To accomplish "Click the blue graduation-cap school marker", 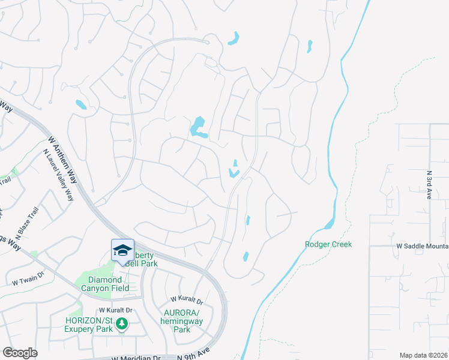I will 122,250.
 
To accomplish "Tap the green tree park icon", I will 122,325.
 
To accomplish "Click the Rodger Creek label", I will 328,244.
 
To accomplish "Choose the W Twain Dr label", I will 28,277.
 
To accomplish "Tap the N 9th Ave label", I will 194,353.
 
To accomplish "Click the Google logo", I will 20,353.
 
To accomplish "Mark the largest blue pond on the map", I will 197,127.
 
